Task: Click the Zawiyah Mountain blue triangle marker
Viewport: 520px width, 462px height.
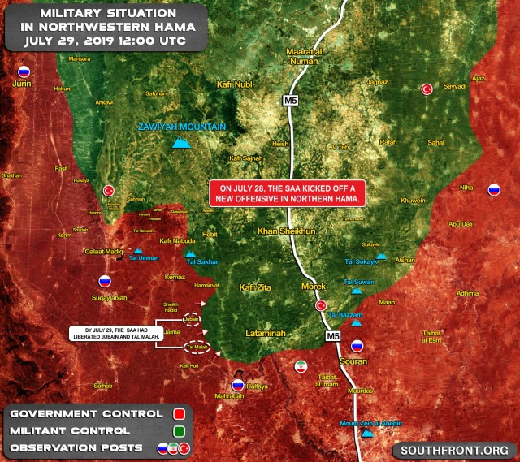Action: pos(182,144)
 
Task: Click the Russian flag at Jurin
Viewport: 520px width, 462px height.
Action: pos(24,71)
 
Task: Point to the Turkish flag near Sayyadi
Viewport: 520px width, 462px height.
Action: pos(427,89)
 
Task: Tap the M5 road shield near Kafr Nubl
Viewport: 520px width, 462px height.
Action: pos(291,100)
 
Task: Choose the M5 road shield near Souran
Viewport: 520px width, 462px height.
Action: pos(333,335)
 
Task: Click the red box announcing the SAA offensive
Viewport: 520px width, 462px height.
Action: pos(288,192)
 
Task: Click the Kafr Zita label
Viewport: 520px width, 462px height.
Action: pos(258,287)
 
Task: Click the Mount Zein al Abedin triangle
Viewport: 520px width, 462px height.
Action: pos(367,433)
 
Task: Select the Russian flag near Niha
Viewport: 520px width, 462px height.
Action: pos(492,191)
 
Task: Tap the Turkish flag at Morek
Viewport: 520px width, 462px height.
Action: pos(321,306)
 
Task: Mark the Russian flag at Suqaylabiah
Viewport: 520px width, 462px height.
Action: pos(105,282)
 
